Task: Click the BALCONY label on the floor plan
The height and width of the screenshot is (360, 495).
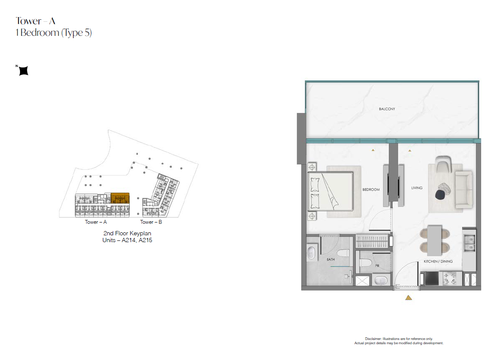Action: (x=387, y=109)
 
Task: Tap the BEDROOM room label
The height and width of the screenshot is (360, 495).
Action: (x=371, y=190)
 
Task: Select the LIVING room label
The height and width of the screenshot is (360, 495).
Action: (x=417, y=188)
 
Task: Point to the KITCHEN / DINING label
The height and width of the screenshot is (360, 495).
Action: (x=438, y=261)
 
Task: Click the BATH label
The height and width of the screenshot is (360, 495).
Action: (x=331, y=260)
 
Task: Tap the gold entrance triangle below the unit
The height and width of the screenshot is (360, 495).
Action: (x=408, y=298)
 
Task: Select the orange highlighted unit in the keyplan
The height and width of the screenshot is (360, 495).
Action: (x=120, y=198)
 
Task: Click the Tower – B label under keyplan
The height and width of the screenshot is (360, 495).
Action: (x=151, y=222)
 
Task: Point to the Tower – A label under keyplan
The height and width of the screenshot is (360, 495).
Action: (x=96, y=222)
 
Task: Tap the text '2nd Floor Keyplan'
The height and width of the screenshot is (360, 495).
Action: (x=127, y=233)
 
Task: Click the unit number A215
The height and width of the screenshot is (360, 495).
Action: (x=145, y=240)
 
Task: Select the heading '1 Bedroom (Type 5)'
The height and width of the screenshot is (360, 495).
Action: (x=54, y=32)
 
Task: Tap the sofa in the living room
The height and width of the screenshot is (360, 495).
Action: (x=464, y=190)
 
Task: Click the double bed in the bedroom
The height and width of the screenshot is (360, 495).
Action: (x=331, y=191)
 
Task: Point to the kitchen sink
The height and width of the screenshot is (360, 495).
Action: (x=469, y=243)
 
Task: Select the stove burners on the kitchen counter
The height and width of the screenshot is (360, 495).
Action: (x=450, y=278)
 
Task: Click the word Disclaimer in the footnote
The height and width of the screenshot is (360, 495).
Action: (x=373, y=339)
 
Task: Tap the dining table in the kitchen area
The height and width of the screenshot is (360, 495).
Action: (x=434, y=240)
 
